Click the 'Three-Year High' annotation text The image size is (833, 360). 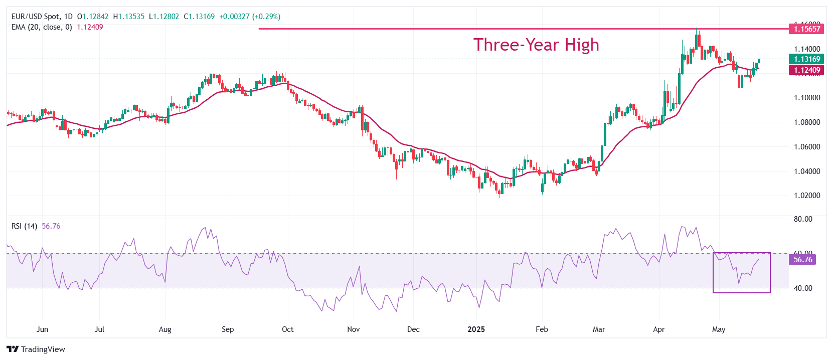(536, 45)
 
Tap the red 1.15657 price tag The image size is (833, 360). (806, 29)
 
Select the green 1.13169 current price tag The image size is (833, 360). (806, 59)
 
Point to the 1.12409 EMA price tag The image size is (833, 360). (806, 70)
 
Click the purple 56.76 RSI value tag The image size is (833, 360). (802, 260)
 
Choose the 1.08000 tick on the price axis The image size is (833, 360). (807, 122)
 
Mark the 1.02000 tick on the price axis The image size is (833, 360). (807, 196)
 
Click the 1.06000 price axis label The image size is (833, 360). (807, 147)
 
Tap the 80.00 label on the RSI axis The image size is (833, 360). (803, 219)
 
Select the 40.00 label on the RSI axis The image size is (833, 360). (803, 288)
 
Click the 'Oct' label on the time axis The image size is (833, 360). (288, 329)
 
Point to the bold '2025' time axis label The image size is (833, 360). (476, 329)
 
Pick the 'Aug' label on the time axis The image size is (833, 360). (165, 329)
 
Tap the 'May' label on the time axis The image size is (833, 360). (719, 329)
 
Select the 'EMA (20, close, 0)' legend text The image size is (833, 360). (42, 27)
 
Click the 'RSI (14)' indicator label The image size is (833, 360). (24, 226)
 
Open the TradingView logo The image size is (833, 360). (36, 349)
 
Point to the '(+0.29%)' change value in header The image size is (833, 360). (266, 17)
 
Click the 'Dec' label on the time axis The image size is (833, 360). (413, 329)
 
